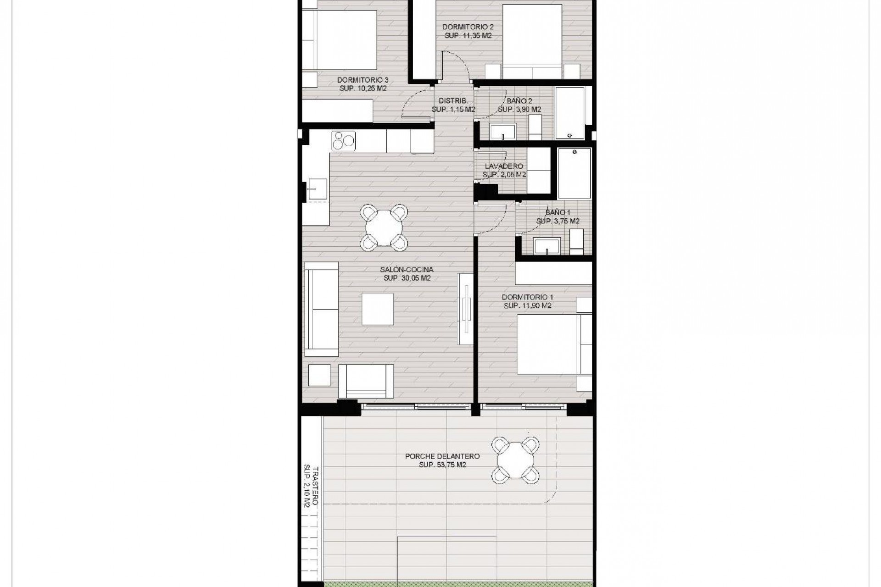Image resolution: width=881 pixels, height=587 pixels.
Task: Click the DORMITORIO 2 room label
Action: tap(468, 27)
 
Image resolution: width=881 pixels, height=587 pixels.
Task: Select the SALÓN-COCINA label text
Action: tap(407, 270)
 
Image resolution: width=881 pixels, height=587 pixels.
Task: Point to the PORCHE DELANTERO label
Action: tap(442, 456)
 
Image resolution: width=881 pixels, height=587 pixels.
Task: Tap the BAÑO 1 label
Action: tap(558, 212)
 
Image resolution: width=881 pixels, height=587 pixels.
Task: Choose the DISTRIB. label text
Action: tap(453, 101)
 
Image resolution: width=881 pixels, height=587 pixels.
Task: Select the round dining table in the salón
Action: tap(385, 227)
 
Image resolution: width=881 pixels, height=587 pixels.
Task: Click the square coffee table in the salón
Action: tap(378, 310)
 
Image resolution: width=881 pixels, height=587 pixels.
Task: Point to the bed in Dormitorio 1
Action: tap(549, 344)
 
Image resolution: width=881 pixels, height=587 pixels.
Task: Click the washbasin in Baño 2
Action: tap(502, 131)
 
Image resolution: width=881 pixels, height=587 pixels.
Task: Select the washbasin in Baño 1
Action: tap(546, 245)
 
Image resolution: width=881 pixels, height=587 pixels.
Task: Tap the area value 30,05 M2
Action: tap(407, 278)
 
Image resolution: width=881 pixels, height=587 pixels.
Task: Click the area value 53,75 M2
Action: tap(442, 465)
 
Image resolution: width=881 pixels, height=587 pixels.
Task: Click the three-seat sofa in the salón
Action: tap(322, 310)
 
